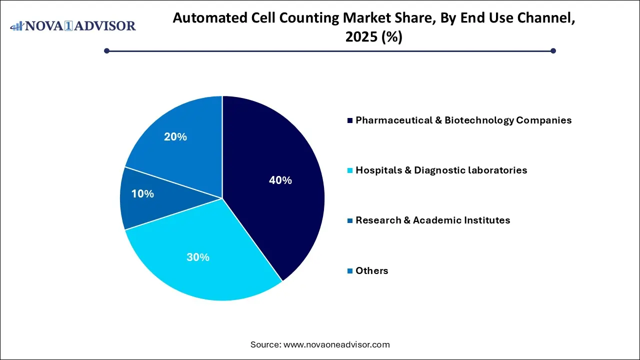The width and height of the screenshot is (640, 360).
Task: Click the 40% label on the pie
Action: (280, 180)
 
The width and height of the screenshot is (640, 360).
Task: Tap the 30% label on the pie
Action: (198, 257)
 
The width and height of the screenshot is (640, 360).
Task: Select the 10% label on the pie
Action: (142, 194)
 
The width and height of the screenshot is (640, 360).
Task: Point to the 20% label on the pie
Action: (175, 136)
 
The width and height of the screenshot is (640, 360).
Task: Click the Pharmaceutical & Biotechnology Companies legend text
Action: (463, 120)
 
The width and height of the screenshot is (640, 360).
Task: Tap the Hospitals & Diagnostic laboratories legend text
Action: (441, 170)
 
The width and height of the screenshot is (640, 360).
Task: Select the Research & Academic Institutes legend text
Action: (432, 220)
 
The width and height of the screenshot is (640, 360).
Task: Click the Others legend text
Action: (371, 271)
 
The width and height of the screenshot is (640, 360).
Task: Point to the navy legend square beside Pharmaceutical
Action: (350, 121)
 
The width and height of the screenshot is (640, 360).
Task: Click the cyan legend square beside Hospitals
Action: (350, 171)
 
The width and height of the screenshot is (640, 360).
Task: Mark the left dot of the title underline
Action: (106, 50)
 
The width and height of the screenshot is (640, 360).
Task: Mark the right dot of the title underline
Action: (553, 50)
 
